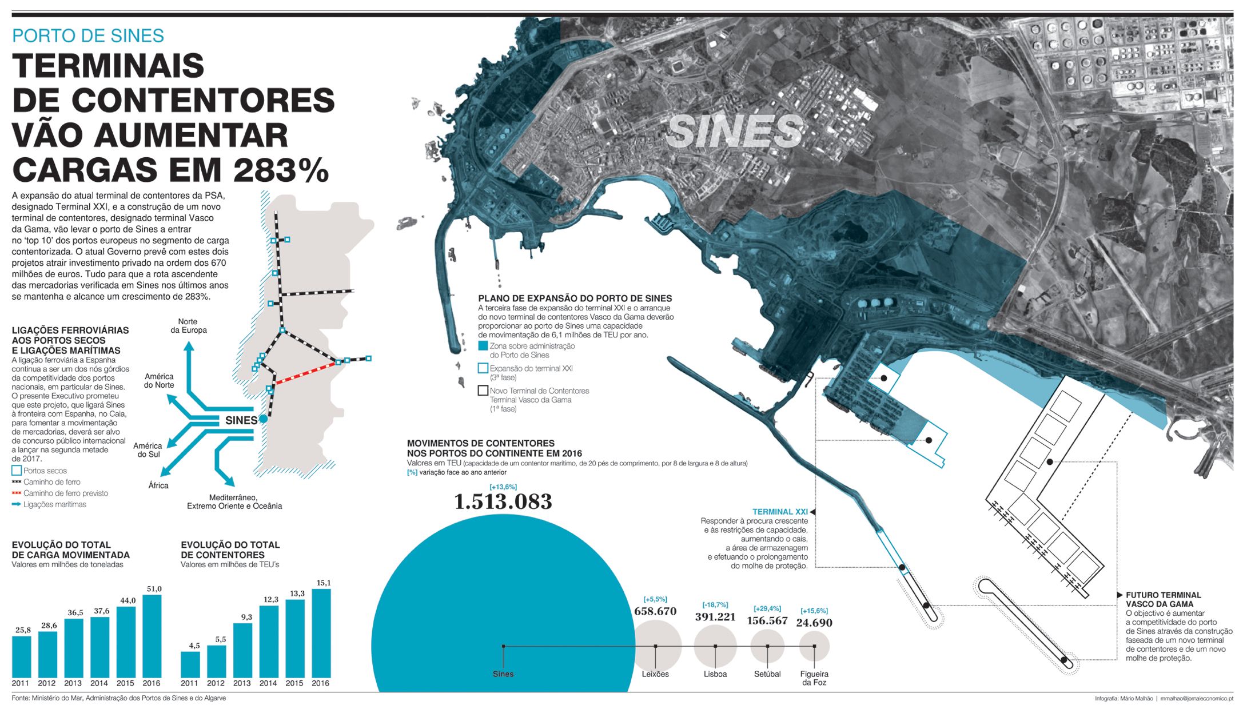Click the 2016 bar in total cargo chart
[x=152, y=636]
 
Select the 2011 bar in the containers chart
[x=190, y=664]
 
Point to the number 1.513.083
[x=503, y=502]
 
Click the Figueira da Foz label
[x=814, y=678]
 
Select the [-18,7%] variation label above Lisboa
[x=715, y=604]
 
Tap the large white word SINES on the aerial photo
[x=735, y=131]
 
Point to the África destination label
[x=158, y=485]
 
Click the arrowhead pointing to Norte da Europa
[x=188, y=345]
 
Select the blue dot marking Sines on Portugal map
[x=263, y=419]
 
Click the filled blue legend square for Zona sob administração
[x=483, y=346]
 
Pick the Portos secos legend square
[x=17, y=471]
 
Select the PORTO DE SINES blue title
[x=88, y=35]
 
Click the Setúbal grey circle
[x=767, y=646]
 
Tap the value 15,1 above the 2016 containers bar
[x=323, y=583]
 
